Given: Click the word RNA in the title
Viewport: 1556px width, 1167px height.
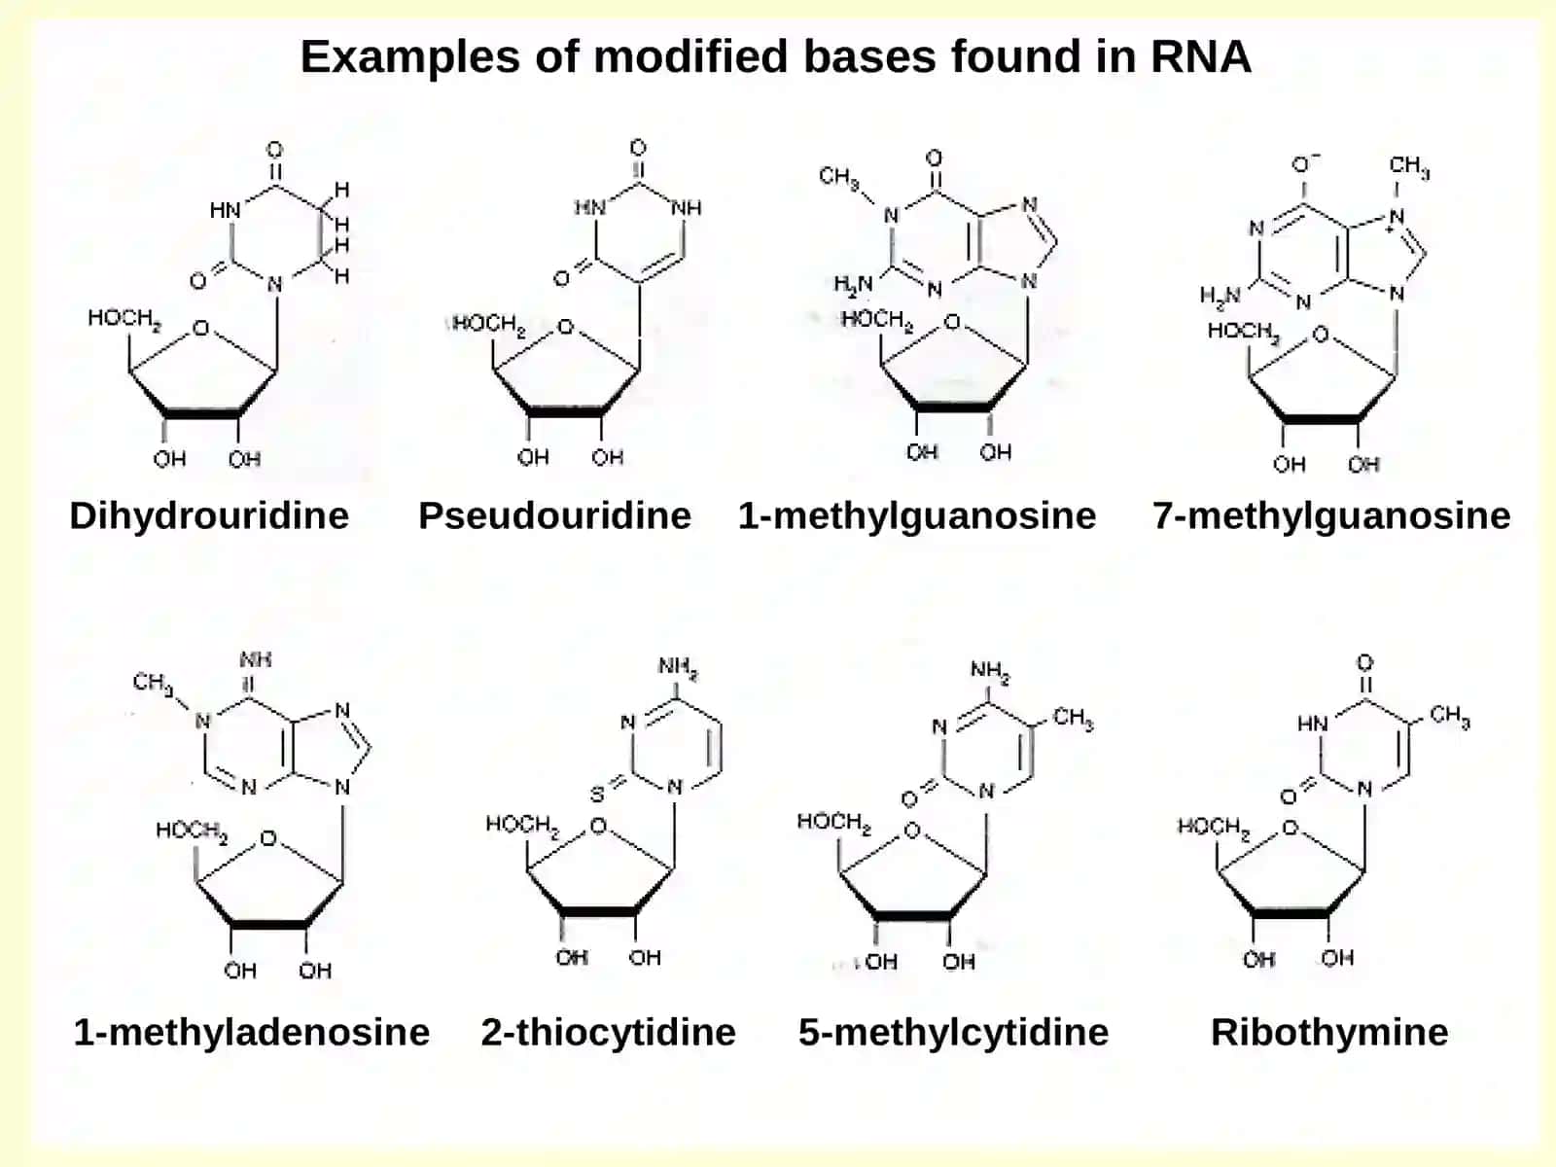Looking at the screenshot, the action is point(1201,56).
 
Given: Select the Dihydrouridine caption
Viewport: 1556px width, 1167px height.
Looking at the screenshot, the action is point(209,516).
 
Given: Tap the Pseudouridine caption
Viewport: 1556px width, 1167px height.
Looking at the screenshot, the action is point(554,515).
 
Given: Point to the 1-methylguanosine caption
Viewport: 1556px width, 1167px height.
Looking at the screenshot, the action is point(917,516).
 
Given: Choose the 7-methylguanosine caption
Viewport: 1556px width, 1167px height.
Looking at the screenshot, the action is point(1331,516).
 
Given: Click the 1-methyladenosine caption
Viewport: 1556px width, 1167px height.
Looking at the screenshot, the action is point(252,1033).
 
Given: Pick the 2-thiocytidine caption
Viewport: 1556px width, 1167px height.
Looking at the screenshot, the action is point(608,1033).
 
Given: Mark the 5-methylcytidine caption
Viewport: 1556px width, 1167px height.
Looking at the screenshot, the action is point(953,1033).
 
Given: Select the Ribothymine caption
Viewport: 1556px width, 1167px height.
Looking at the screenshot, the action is point(1329,1033).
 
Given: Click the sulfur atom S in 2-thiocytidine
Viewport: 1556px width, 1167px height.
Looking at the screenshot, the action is point(597,795).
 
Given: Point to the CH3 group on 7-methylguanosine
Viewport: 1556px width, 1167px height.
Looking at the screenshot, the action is point(1408,166).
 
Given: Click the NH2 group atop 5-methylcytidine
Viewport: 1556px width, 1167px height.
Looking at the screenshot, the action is point(990,671).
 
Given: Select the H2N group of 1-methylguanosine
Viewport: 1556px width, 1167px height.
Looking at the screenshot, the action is point(853,285).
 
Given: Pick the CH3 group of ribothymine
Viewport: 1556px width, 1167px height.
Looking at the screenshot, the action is point(1450,717).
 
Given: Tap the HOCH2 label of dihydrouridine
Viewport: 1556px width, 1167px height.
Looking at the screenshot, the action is point(124,319).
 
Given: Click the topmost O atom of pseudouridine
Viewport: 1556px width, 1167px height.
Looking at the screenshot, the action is point(638,148).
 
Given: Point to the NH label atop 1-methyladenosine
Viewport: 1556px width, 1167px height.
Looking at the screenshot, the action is point(255,659).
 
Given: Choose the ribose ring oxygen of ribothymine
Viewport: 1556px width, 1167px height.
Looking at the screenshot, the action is point(1291,827).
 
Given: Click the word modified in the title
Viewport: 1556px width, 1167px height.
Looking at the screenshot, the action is point(690,56).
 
